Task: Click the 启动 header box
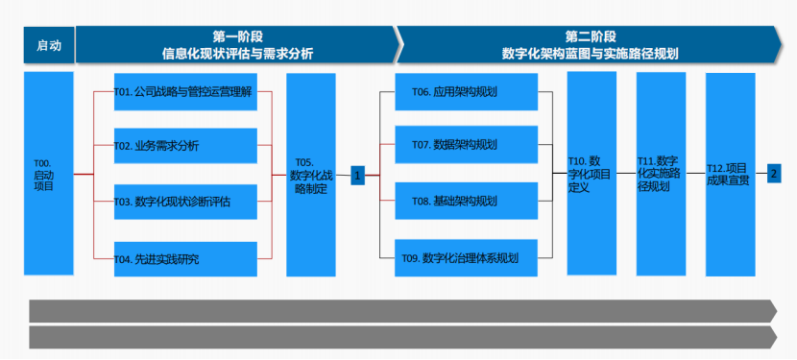49,45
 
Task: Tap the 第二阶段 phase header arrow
591,45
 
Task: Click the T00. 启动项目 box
48,174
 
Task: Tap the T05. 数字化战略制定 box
310,174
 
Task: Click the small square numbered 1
357,176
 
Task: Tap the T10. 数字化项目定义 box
591,174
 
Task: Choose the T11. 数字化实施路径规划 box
661,174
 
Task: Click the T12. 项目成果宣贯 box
730,174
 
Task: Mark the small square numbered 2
774,174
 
